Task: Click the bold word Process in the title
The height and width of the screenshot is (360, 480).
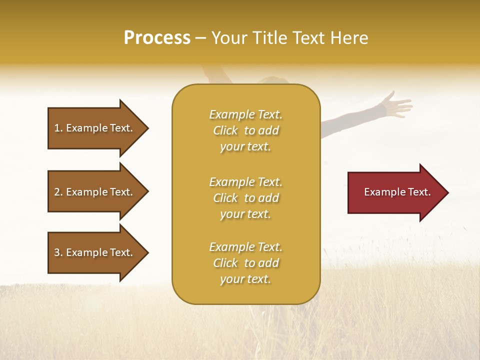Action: click(x=157, y=38)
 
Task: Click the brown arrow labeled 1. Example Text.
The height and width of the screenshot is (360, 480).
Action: click(x=95, y=128)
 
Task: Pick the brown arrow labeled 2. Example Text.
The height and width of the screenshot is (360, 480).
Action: click(x=95, y=192)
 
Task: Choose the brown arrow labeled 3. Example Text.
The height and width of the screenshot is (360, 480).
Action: click(x=95, y=252)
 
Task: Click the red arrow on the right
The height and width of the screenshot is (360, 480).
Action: click(x=395, y=192)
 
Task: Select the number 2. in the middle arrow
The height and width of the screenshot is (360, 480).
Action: click(x=58, y=192)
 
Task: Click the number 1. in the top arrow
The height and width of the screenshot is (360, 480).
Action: click(x=58, y=128)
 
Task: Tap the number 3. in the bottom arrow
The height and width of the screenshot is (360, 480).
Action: click(x=58, y=252)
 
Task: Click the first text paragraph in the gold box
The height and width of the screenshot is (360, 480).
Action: click(x=245, y=130)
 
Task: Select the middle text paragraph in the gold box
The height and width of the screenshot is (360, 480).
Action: click(x=245, y=198)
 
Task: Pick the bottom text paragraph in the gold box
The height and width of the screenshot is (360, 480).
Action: click(x=245, y=263)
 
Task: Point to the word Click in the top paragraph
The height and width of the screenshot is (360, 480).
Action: click(x=225, y=130)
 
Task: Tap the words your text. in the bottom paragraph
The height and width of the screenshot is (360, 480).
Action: click(x=245, y=279)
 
